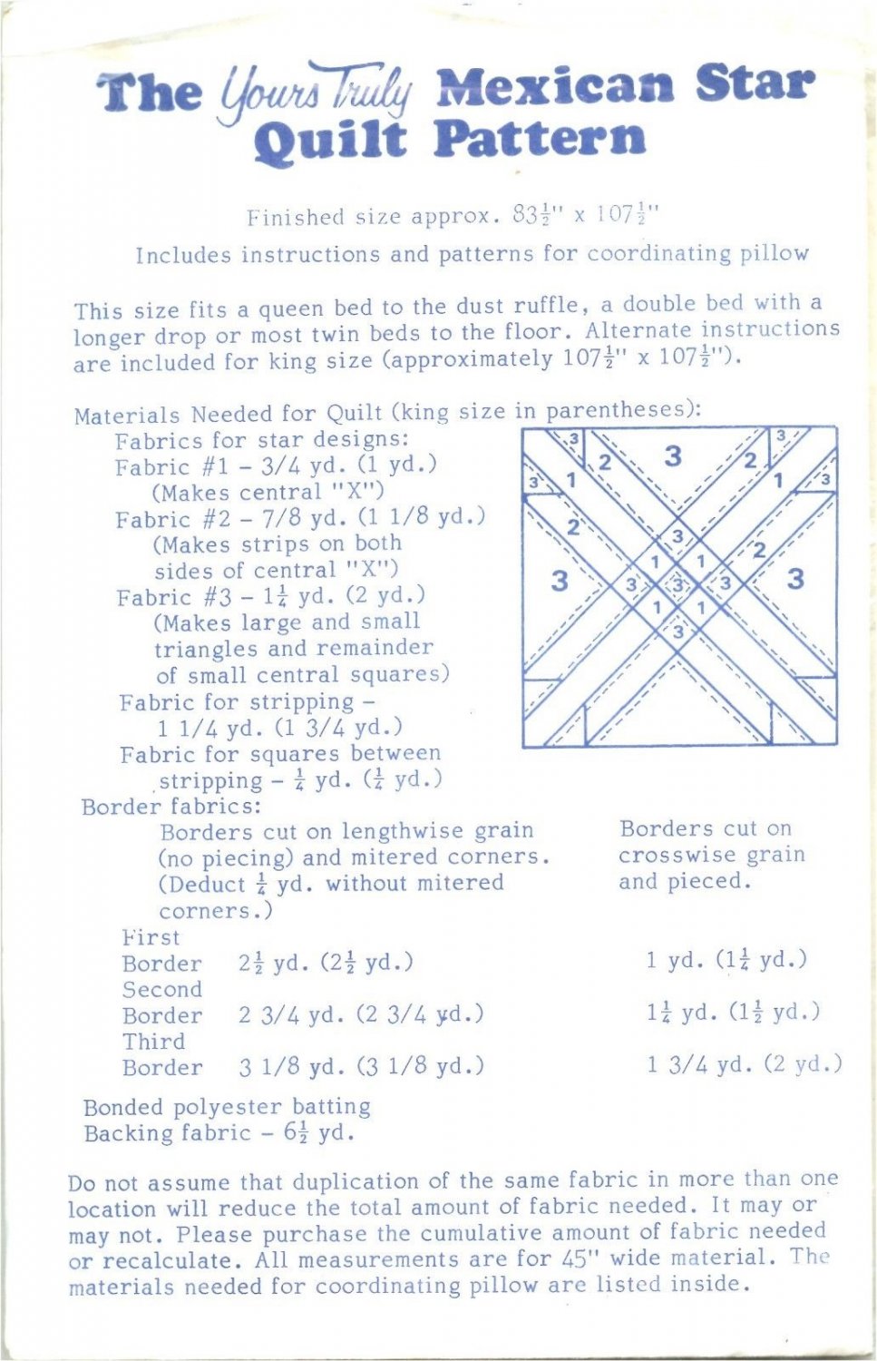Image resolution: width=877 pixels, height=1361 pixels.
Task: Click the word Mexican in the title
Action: (x=554, y=86)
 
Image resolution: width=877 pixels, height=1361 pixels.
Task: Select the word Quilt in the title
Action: (x=329, y=141)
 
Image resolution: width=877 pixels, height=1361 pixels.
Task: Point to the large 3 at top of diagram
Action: (x=672, y=455)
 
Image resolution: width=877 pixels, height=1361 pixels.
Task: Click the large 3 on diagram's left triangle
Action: (x=559, y=580)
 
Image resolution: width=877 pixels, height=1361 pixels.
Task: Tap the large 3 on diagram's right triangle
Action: (x=795, y=578)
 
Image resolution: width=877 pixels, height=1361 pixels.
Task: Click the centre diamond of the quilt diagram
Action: (x=678, y=585)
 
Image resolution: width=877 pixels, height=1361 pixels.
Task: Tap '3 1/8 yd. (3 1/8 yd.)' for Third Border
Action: (x=361, y=1066)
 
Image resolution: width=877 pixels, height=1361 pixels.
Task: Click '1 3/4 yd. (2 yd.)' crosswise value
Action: (x=744, y=1063)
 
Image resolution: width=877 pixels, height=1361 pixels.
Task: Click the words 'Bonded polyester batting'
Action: (x=227, y=1107)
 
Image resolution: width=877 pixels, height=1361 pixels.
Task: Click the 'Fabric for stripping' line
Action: (x=247, y=702)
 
